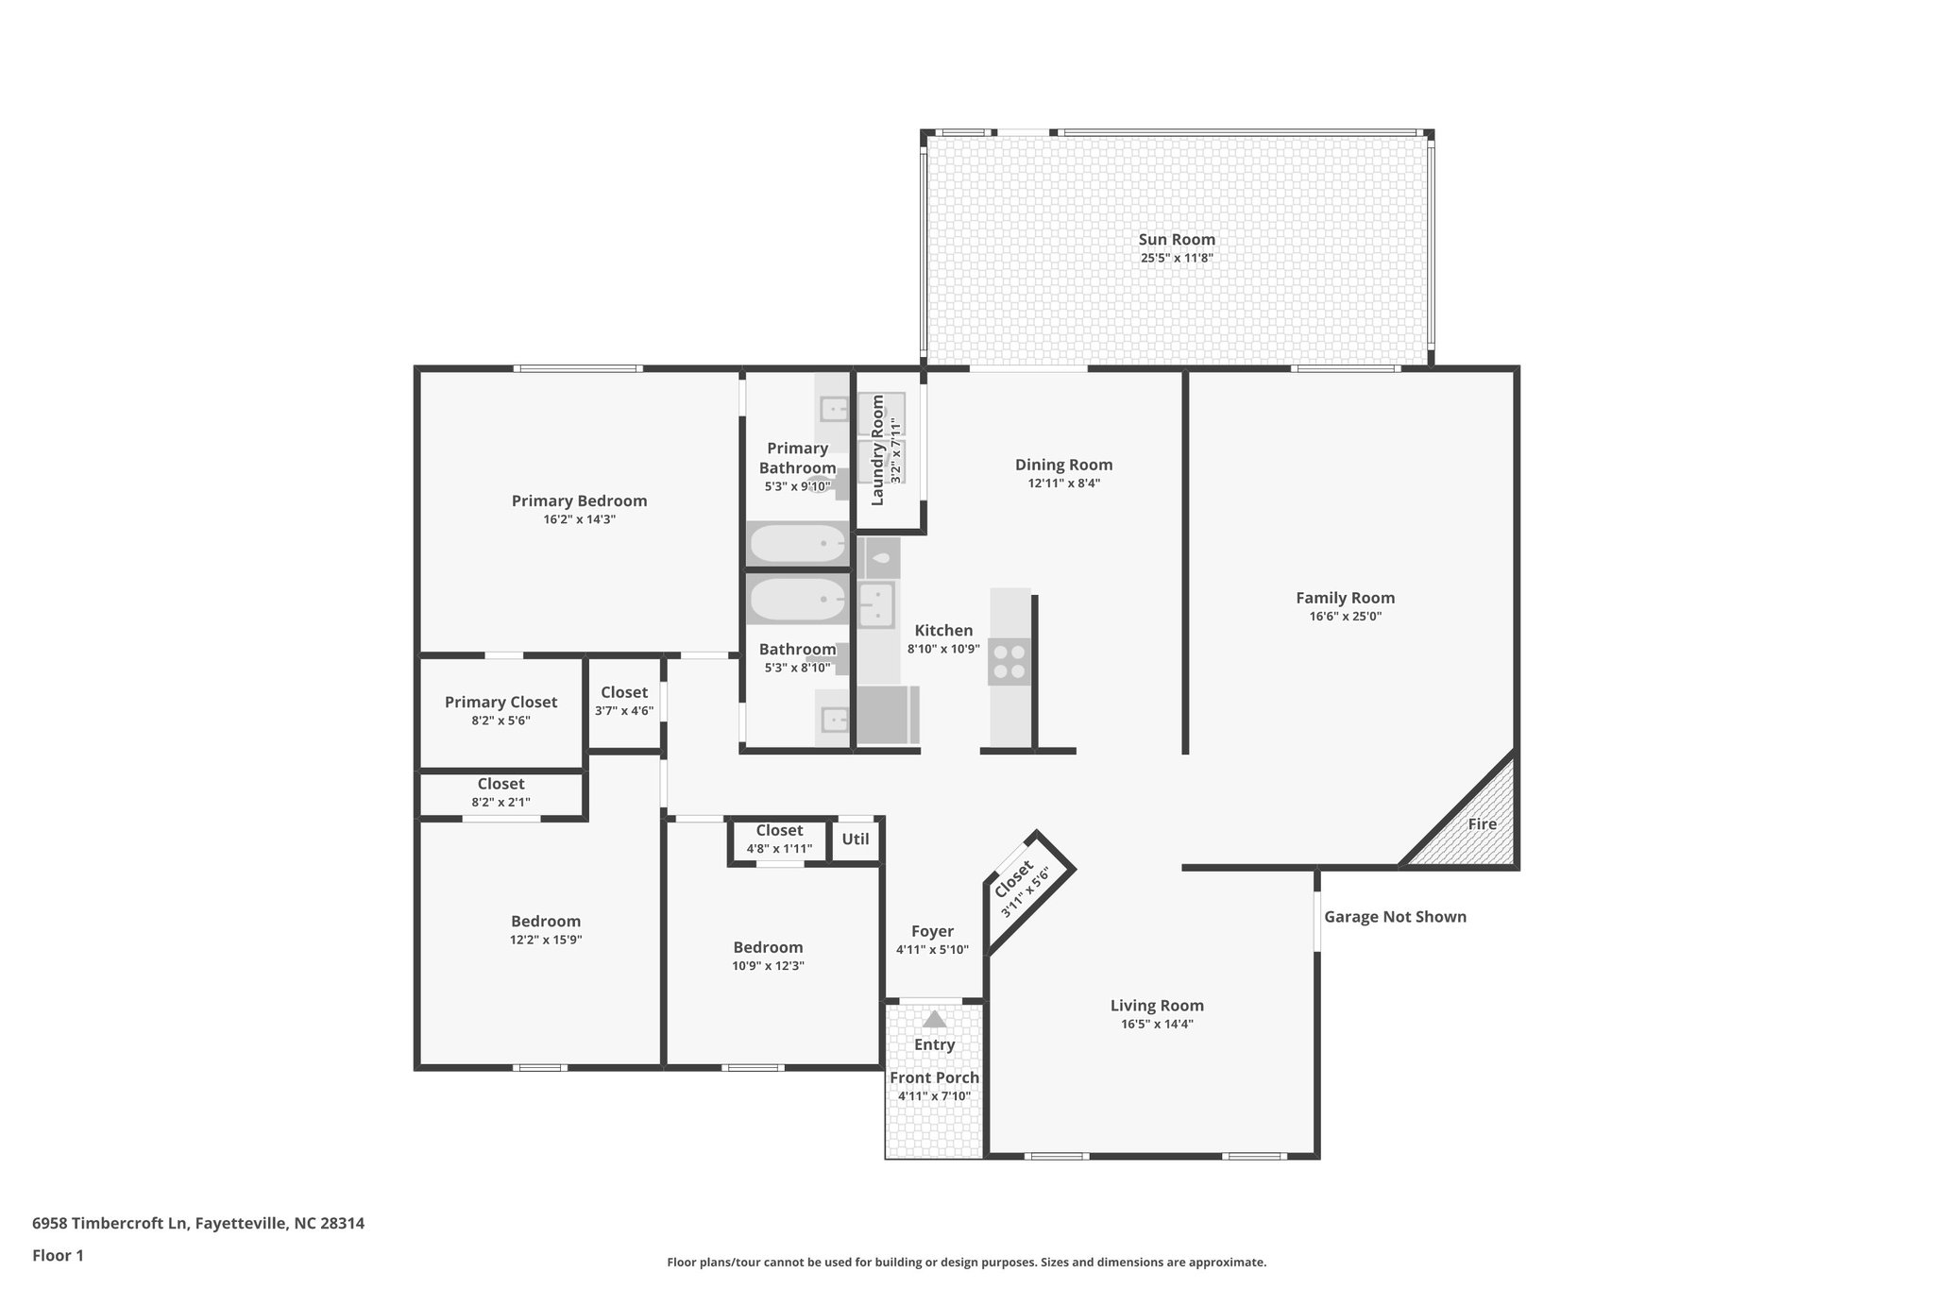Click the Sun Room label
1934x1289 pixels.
[1176, 240]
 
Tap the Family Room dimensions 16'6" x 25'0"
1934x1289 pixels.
[1345, 617]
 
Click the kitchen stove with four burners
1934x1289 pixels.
[1009, 661]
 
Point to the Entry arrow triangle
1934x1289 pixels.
[934, 1020]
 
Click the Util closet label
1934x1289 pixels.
[856, 839]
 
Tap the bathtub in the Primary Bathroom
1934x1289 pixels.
[798, 543]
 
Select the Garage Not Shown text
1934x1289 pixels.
[1394, 917]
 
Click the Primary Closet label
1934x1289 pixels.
[500, 702]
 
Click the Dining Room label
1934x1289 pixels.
[1063, 465]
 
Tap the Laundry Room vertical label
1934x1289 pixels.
[877, 450]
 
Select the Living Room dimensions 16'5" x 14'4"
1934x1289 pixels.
[1157, 1025]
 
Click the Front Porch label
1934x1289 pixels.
[934, 1077]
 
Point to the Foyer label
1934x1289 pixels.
[932, 931]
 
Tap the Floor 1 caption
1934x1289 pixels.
[58, 1256]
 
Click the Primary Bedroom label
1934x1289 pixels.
[579, 501]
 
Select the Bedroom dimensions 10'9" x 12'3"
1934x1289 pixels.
[768, 966]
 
